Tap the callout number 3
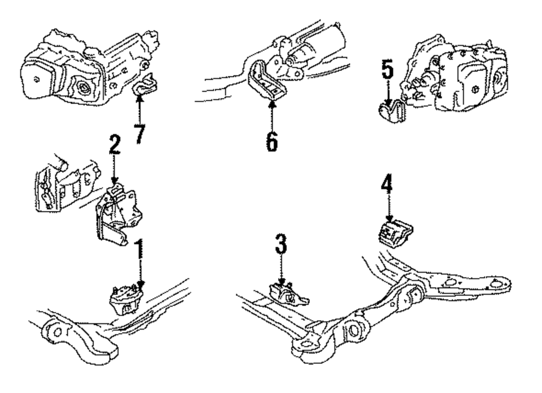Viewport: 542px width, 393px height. point(280,247)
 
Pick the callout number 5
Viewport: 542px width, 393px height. point(388,69)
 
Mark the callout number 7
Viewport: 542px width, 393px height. point(140,132)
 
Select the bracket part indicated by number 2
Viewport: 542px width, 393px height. point(115,214)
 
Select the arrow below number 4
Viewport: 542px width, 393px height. point(389,209)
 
